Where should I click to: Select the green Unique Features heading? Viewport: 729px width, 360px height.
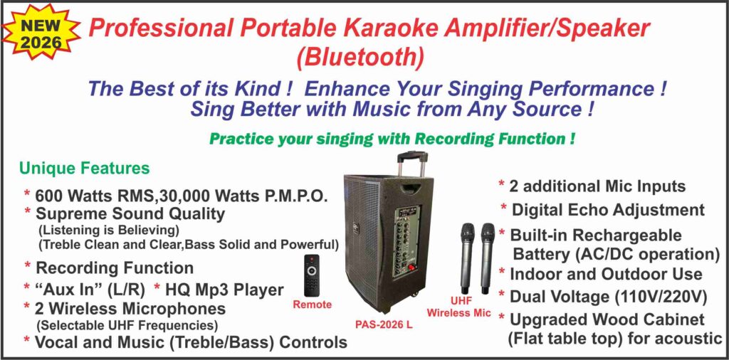coord(84,168)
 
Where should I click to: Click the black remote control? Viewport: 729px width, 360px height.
coord(312,275)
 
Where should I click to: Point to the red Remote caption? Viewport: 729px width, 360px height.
coord(312,305)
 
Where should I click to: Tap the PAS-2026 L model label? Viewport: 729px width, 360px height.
coord(384,325)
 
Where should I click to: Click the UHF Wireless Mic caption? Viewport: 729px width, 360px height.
coord(459,307)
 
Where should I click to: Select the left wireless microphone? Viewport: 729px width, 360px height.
coord(467,258)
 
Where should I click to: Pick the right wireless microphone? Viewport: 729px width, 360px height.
coord(487,258)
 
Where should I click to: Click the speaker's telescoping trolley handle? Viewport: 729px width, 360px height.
coord(411,164)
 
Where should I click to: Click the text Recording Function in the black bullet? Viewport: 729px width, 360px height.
coord(115,268)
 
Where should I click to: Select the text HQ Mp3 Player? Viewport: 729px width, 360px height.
coord(223,290)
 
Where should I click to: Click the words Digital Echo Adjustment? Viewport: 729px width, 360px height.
coord(608,209)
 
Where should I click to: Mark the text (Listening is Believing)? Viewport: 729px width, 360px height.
coord(109,230)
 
